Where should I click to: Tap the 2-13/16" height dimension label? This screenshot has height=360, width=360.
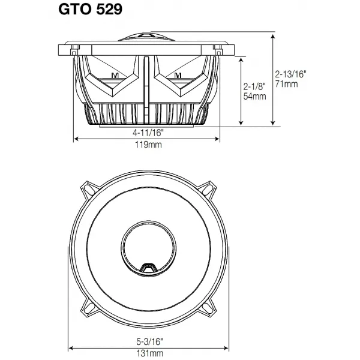[291, 75]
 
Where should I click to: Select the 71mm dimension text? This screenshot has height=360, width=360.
[286, 85]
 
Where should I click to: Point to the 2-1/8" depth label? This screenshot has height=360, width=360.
[254, 85]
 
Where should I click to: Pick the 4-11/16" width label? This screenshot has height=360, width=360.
[147, 131]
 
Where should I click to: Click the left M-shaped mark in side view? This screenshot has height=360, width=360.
[116, 75]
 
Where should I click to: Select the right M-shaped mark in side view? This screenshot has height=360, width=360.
[178, 75]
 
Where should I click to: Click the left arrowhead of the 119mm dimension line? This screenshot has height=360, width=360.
[76, 139]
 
